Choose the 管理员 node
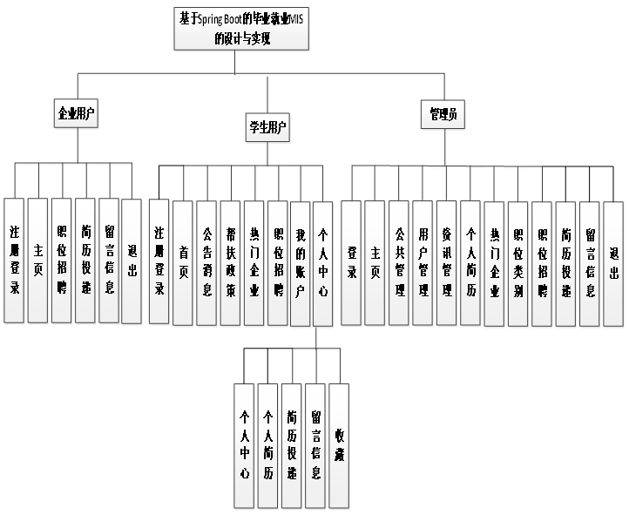(445, 114)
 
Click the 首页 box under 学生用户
(183, 262)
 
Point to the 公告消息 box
(206, 262)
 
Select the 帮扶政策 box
(230, 262)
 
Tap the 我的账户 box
(300, 262)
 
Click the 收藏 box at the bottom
(340, 445)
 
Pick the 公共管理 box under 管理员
(399, 262)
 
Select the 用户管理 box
(423, 262)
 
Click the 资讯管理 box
(446, 262)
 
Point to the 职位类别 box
(517, 262)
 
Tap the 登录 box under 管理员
(352, 262)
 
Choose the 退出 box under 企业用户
(132, 261)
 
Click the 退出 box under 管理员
(613, 262)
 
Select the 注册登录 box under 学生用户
(159, 262)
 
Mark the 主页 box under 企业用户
(37, 261)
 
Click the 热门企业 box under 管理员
(494, 262)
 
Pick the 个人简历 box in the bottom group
(268, 445)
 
